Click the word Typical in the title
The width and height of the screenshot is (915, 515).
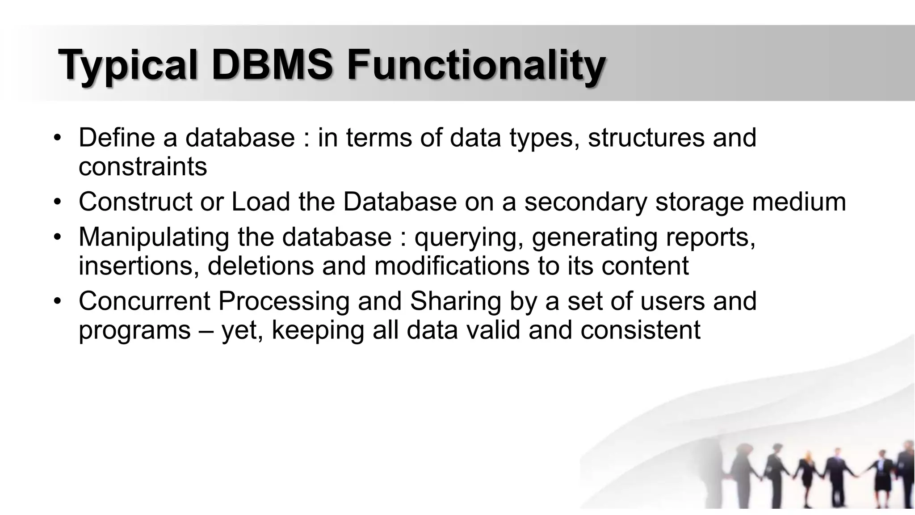[x=128, y=66]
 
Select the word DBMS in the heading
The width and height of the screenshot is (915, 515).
[x=272, y=66]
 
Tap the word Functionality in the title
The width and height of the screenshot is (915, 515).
[x=476, y=66]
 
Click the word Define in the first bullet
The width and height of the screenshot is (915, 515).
[x=117, y=138]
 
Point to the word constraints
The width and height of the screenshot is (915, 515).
[x=143, y=167]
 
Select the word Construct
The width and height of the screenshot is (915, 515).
[x=135, y=202]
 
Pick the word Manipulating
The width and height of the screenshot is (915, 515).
[x=154, y=237]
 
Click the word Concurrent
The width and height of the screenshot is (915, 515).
[x=144, y=301]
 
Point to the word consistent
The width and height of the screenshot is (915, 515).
[x=640, y=330]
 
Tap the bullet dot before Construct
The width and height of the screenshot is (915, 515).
[x=57, y=203]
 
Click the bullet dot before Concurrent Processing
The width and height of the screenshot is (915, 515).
[x=57, y=302]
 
